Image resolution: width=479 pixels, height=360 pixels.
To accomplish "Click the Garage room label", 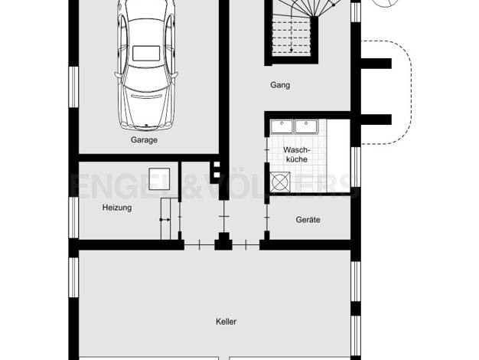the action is click(x=144, y=139).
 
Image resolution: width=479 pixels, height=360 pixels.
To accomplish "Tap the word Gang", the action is click(x=280, y=85).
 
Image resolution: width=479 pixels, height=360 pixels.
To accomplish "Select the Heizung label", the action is click(x=117, y=208).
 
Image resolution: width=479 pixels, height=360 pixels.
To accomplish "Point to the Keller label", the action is click(x=226, y=322).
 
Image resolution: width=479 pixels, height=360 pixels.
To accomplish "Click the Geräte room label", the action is click(x=308, y=220).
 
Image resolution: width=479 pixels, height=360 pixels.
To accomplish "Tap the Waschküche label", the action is click(x=297, y=155).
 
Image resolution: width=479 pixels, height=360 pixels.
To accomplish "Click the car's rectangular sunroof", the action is click(x=146, y=53).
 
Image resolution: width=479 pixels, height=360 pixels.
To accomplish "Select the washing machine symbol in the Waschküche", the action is click(x=280, y=182).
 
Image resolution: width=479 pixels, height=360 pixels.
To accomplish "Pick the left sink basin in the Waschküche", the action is click(x=282, y=126).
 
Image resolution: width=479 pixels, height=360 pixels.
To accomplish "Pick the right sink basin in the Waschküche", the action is click(x=306, y=126).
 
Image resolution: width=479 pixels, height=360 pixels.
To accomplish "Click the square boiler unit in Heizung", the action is click(x=159, y=178).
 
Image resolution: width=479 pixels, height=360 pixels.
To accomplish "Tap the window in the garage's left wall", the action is click(x=73, y=87).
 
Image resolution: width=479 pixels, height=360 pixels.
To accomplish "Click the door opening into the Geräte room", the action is click(x=267, y=218).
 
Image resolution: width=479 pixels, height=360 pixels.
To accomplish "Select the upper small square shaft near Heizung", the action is click(x=217, y=165).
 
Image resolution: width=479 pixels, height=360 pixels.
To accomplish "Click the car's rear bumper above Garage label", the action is click(x=147, y=126).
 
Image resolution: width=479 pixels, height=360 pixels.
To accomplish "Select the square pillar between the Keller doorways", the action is click(x=223, y=241).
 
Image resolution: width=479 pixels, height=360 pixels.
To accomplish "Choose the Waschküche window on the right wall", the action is click(x=356, y=167).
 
